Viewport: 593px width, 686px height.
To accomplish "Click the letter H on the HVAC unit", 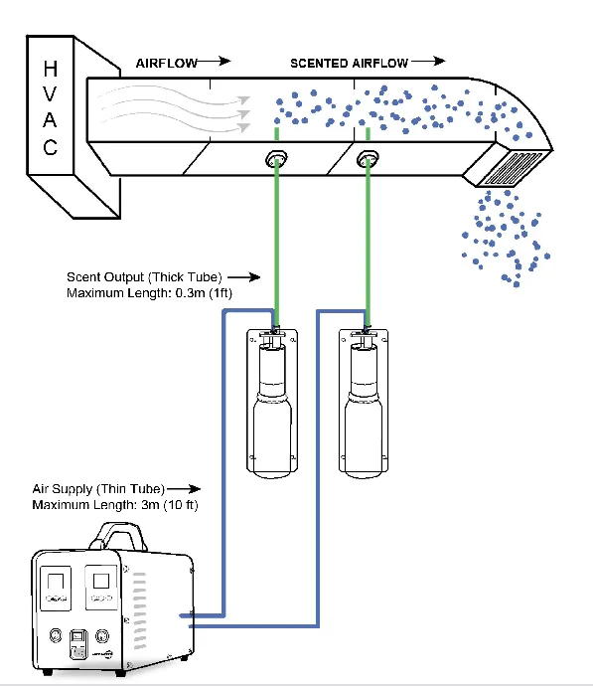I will (49, 71).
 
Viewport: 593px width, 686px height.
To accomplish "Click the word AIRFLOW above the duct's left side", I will (166, 63).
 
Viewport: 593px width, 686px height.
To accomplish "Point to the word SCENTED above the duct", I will (318, 63).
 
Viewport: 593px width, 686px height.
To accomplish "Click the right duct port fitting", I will (369, 157).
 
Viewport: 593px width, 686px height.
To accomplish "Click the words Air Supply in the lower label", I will (61, 489).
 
